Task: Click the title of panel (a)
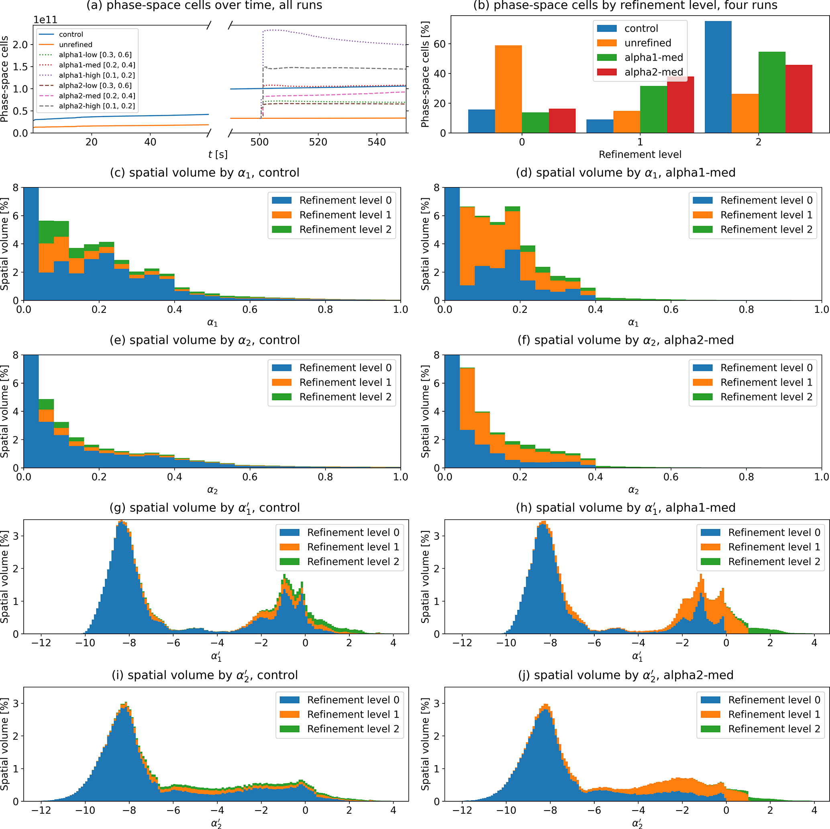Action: pyautogui.click(x=204, y=6)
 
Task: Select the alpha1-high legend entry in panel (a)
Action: pyautogui.click(x=97, y=75)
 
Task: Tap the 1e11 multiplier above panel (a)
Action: pyautogui.click(x=45, y=20)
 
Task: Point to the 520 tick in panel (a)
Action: pyautogui.click(x=318, y=142)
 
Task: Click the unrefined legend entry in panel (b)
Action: pyautogui.click(x=647, y=43)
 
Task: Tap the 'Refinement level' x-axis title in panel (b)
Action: pyautogui.click(x=640, y=154)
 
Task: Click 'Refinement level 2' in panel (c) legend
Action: pyautogui.click(x=345, y=229)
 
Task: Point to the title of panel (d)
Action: pyautogui.click(x=626, y=173)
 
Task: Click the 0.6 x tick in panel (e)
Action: pyautogui.click(x=250, y=477)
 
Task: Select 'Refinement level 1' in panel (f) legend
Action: pyautogui.click(x=766, y=382)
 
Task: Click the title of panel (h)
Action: pyautogui.click(x=626, y=508)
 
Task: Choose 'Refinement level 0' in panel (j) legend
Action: pyautogui.click(x=774, y=700)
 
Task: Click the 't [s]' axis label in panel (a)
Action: pyautogui.click(x=218, y=154)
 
